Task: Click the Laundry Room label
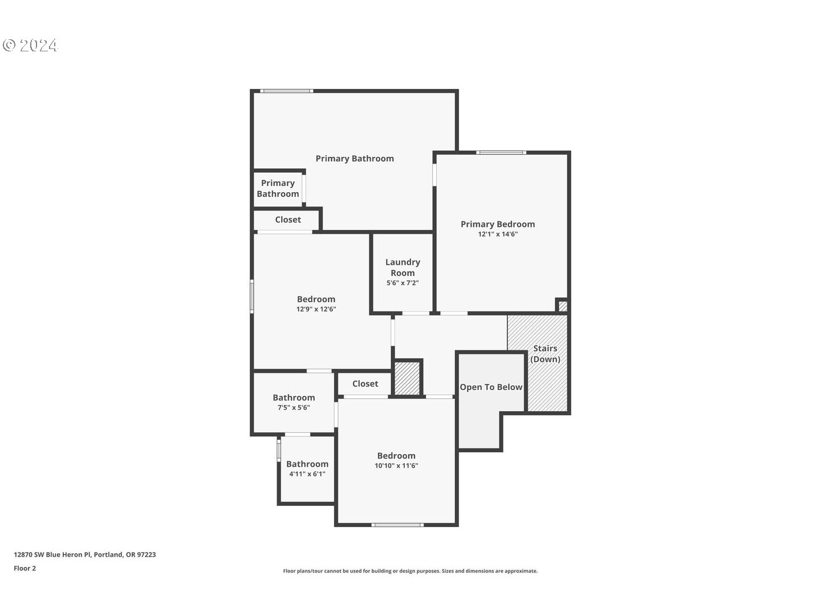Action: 403,268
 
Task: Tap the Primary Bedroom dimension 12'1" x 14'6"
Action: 498,234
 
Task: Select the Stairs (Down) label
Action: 545,354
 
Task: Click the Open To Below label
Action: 491,387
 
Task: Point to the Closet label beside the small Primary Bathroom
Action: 288,220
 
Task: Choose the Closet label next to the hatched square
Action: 365,384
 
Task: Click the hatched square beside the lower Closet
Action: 407,378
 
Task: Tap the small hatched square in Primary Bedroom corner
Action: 562,306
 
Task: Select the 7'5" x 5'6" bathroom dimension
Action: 294,408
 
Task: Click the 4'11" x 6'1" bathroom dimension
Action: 307,474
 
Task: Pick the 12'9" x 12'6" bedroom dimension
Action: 316,309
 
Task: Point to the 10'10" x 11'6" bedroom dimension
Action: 396,465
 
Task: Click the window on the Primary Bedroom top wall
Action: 501,152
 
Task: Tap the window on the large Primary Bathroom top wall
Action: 287,91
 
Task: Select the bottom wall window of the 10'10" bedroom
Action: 397,525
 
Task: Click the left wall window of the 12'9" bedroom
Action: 252,296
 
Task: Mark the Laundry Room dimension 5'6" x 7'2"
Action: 403,283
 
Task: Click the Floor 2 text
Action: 25,568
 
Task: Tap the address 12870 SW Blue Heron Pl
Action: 84,554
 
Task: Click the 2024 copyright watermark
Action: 31,46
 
